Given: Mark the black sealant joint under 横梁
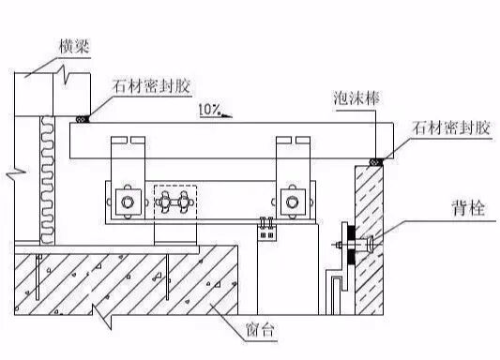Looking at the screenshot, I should click(x=83, y=118).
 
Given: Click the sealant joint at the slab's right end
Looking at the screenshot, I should click(x=377, y=161).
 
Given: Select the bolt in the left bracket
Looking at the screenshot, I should click(x=125, y=202).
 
